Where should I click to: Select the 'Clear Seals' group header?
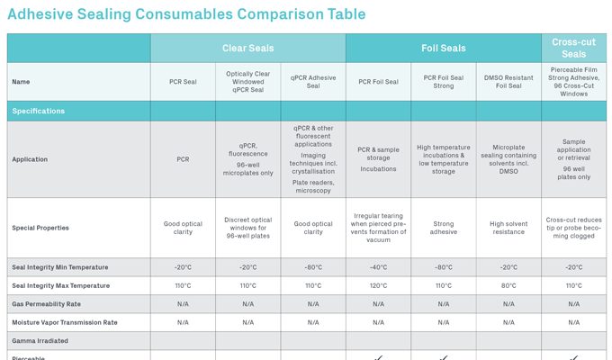tap(247, 48)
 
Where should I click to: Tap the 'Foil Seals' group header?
tap(443, 48)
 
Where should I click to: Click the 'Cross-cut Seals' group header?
tap(573, 48)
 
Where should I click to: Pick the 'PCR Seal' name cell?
tap(183, 82)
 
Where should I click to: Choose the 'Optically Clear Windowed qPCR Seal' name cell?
tap(247, 82)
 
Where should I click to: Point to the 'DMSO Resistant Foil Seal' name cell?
tap(508, 82)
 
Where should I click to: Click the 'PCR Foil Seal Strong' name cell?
tap(444, 82)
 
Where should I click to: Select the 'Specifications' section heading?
tap(38, 111)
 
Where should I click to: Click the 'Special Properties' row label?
tap(40, 228)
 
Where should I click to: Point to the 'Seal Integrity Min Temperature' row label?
tap(60, 267)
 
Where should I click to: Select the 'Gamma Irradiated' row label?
tap(40, 341)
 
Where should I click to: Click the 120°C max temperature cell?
tap(378, 285)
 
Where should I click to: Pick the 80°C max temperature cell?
tap(508, 285)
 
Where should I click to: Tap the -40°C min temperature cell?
tap(378, 267)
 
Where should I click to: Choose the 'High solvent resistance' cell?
tap(508, 228)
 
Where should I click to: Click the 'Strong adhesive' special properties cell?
tap(444, 228)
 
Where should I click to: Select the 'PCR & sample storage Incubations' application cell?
tap(378, 159)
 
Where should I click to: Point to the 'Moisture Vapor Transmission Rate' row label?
tap(64, 322)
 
